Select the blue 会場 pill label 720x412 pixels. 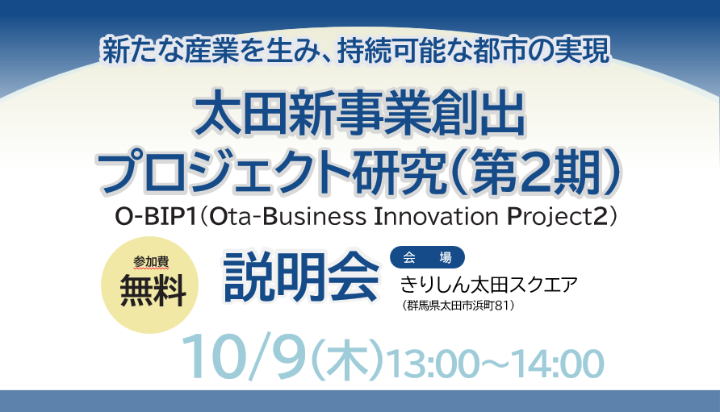[x=427, y=257]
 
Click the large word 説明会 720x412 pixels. [x=301, y=274]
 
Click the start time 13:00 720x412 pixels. [x=430, y=362]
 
